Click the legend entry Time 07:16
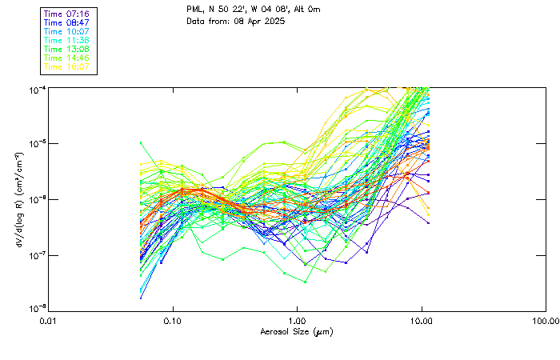(66, 14)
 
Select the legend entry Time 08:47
(66, 23)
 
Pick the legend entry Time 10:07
(66, 32)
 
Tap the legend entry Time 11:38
(66, 40)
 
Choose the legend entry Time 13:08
(66, 49)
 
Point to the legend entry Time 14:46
(66, 58)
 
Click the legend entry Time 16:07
(66, 66)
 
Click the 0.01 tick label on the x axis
(49, 321)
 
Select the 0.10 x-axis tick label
(173, 321)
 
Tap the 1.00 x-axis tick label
(298, 321)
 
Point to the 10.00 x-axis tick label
(422, 321)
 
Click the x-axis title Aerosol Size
(297, 331)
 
